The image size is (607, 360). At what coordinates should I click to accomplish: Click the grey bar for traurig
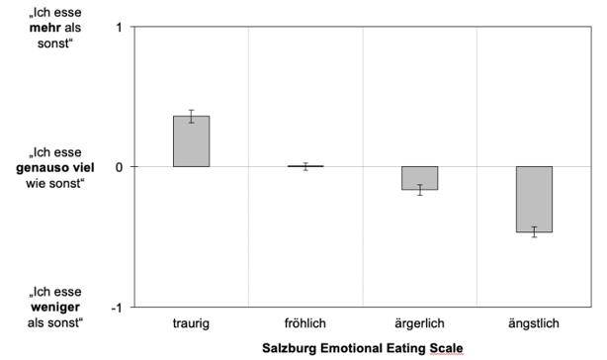point(191,141)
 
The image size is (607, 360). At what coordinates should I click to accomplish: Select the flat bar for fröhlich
point(305,166)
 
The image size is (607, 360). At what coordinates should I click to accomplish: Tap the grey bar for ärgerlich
point(420,178)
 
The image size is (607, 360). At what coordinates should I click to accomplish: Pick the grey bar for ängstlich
point(534,199)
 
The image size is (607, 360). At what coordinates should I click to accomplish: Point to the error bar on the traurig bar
point(191,116)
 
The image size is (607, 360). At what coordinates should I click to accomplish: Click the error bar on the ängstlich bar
point(534,232)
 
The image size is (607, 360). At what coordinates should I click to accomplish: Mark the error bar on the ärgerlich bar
point(420,190)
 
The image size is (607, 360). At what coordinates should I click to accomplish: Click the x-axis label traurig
point(191,323)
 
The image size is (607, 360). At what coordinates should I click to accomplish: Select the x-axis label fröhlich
point(305,323)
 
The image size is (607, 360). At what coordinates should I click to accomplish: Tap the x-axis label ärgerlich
point(420,323)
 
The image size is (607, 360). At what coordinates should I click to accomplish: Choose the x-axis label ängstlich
point(534,323)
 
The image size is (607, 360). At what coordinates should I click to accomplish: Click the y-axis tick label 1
point(119,27)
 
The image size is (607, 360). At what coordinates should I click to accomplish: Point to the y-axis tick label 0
point(119,166)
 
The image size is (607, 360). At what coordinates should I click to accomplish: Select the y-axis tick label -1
point(116,307)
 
